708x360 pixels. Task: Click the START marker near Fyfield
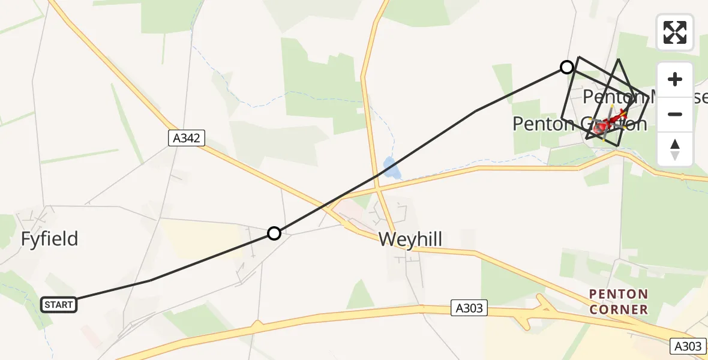point(59,305)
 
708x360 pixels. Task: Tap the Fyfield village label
point(49,239)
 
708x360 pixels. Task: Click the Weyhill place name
point(410,239)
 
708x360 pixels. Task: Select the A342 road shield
point(187,139)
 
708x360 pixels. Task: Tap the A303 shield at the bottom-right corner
point(688,346)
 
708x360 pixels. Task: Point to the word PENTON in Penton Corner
point(618,295)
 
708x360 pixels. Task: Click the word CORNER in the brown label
point(618,310)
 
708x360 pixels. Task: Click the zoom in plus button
point(675,79)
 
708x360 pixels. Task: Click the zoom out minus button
point(675,114)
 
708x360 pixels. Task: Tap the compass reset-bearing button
point(675,149)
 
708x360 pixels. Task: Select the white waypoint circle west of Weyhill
point(274,233)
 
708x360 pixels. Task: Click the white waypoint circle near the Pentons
point(566,67)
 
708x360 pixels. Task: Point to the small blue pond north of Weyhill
point(391,169)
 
